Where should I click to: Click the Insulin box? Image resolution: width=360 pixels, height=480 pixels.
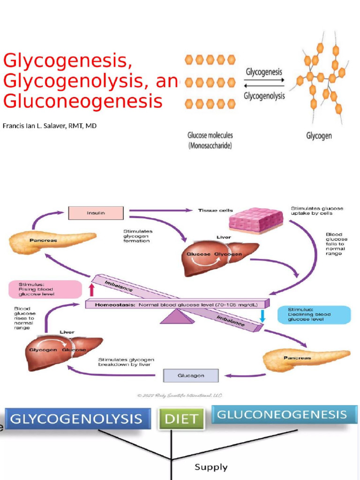coord(96,213)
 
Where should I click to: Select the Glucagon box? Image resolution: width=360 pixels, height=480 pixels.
coord(190,376)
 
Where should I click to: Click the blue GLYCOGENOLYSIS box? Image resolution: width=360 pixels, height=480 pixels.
coord(78,419)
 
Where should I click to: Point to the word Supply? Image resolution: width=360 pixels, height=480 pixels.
coord(211,467)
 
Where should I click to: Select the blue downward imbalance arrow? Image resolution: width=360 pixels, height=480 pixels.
coord(262,315)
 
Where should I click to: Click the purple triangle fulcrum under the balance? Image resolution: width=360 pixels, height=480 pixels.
coord(177,317)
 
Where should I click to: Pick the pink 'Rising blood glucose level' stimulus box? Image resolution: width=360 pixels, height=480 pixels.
coord(45,289)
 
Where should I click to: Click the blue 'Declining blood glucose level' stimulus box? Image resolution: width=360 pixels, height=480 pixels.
coord(314,315)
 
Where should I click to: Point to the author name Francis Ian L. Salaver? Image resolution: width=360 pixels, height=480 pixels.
coord(50,126)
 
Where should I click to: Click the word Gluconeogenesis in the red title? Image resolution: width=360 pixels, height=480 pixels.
coord(83,101)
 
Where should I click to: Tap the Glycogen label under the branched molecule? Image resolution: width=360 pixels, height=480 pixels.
coord(319,136)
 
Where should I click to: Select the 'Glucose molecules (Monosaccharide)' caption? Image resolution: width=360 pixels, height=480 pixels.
coord(210,140)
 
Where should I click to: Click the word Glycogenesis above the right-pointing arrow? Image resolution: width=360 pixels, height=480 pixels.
coord(264,72)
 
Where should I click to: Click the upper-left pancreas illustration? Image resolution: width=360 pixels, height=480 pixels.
coord(52,242)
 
